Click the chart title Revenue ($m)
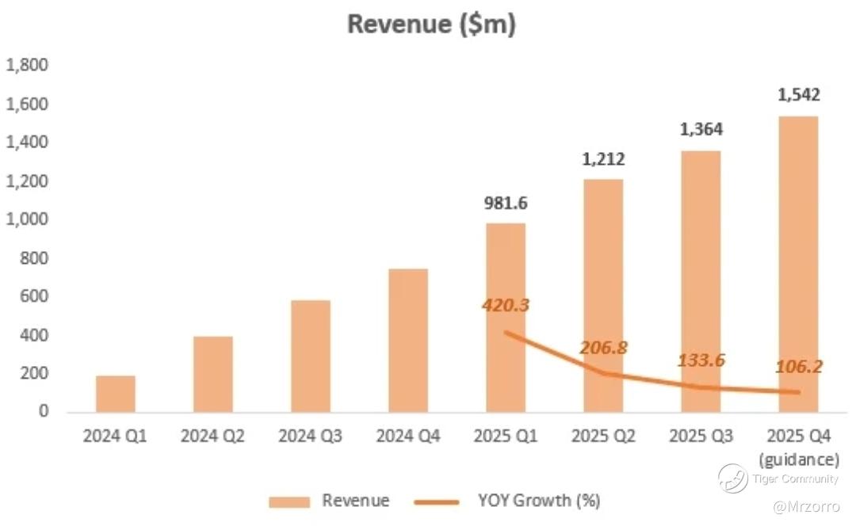point(431,24)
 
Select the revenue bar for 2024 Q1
point(116,394)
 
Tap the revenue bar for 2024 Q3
point(311,356)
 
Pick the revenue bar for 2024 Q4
point(408,341)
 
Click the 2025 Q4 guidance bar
point(798,264)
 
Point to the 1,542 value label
point(798,95)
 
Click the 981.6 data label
point(506,203)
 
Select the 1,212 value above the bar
point(603,159)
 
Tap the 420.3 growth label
point(506,304)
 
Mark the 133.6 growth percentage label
point(701,360)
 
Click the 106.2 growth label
point(798,367)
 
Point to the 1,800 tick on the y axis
point(27,66)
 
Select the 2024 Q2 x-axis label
point(213,436)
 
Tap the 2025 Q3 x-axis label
point(701,436)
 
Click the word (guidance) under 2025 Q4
point(798,459)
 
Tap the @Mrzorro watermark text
point(804,505)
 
